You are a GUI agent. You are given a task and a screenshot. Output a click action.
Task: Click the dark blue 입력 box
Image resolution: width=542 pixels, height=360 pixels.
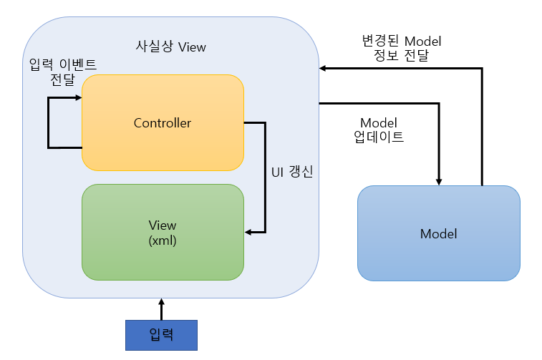[161, 334]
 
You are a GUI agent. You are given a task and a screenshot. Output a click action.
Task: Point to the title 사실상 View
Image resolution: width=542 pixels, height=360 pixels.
[170, 47]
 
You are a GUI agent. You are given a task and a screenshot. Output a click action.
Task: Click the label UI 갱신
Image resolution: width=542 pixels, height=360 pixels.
[292, 172]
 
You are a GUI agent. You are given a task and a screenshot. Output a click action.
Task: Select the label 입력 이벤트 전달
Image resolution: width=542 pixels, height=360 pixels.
[63, 72]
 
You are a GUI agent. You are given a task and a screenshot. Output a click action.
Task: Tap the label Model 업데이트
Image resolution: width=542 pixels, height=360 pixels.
[379, 130]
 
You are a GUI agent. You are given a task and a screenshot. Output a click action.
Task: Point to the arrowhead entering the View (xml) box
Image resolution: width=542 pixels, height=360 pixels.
[249, 233]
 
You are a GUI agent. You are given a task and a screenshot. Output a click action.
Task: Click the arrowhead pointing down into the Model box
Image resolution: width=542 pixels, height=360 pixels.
[439, 181]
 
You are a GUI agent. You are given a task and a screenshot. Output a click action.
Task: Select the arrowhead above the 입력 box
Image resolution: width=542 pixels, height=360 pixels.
[161, 303]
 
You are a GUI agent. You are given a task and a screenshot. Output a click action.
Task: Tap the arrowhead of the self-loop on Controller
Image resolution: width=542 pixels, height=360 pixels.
[78, 98]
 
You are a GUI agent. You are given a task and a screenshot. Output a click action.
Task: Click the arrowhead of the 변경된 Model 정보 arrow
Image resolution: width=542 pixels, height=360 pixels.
[324, 69]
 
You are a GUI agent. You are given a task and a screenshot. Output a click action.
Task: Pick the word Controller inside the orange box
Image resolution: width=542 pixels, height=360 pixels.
[163, 123]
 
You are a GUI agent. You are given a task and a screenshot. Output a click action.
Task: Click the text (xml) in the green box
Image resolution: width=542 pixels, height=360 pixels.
[163, 240]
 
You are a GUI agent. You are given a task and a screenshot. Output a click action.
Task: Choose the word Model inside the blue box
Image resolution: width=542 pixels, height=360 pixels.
[438, 234]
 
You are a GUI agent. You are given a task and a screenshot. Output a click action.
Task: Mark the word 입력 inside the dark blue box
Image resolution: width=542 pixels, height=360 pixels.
[161, 334]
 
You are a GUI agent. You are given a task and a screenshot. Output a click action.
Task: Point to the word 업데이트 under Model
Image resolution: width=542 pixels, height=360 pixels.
[379, 137]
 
